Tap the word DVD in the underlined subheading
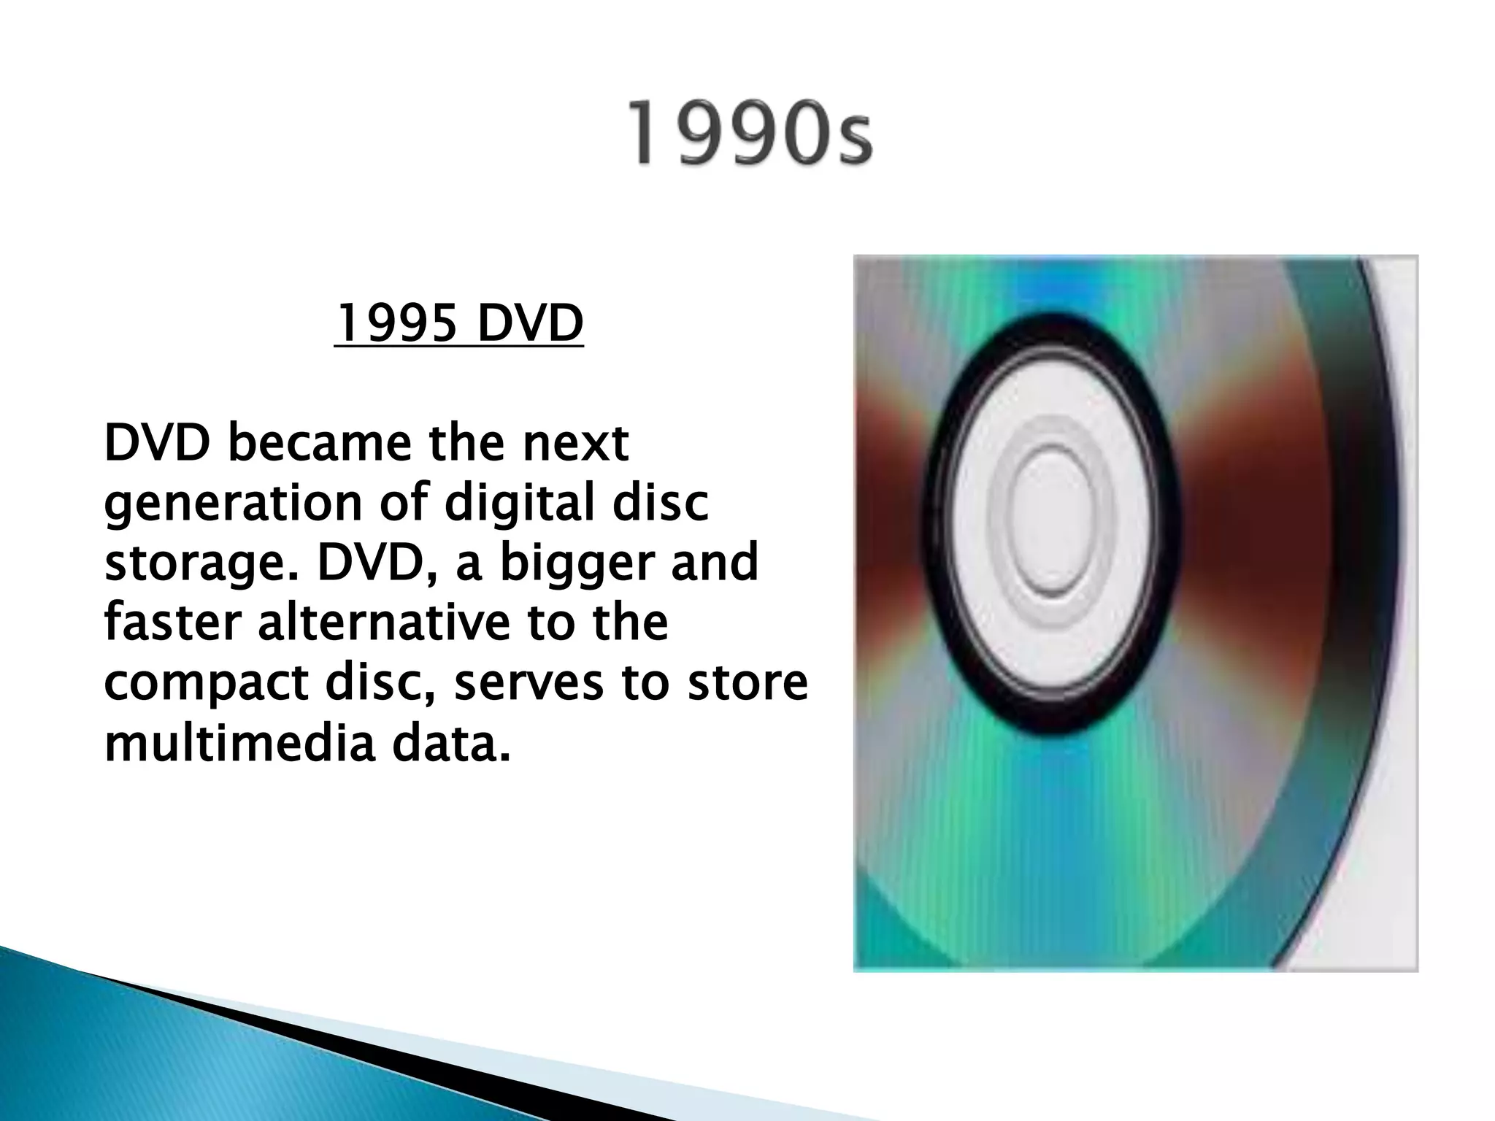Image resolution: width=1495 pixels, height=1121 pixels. click(x=530, y=323)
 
